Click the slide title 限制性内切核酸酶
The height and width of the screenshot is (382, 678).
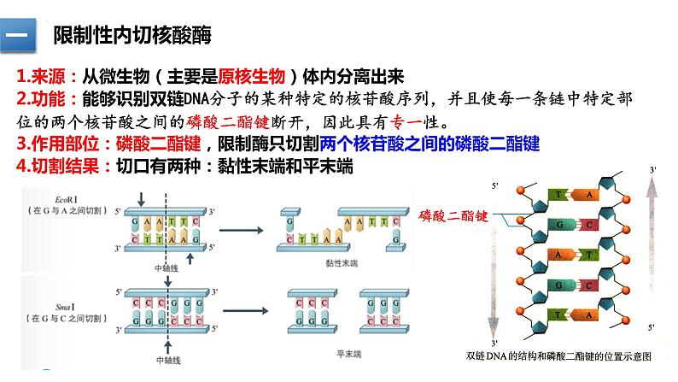click(132, 36)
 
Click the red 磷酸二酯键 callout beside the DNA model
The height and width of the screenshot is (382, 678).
click(453, 217)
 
